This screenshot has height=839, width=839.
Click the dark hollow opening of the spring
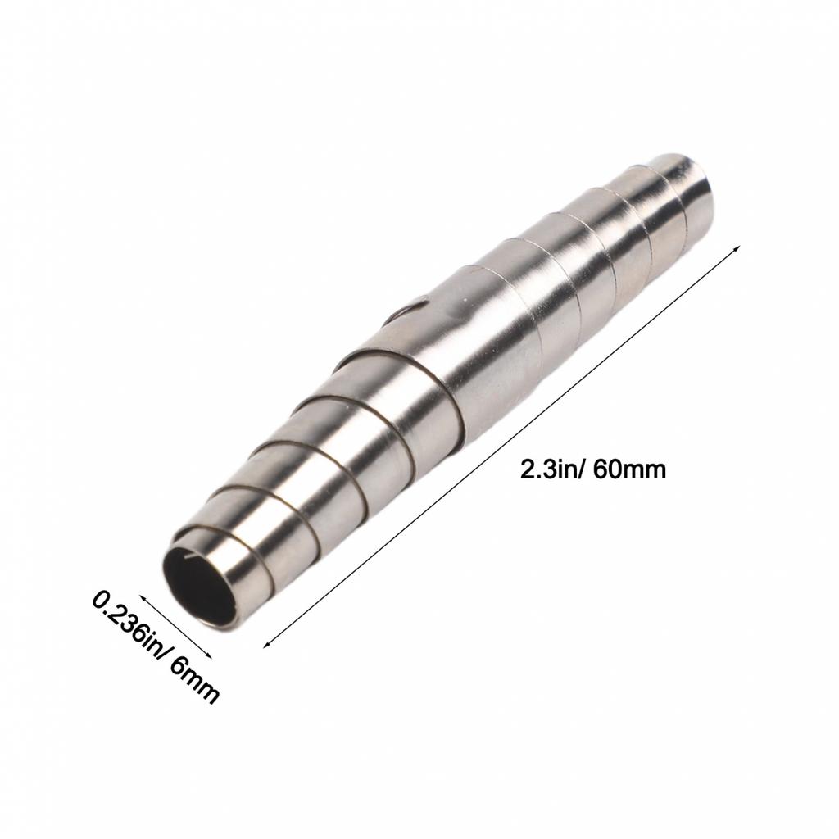coord(198,583)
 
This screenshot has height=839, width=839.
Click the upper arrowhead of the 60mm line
coord(737,248)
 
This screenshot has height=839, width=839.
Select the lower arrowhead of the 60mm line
coord(265,645)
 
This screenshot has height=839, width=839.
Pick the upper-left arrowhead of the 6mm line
coord(143,597)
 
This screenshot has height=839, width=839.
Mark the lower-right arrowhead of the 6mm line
coord(209,655)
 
